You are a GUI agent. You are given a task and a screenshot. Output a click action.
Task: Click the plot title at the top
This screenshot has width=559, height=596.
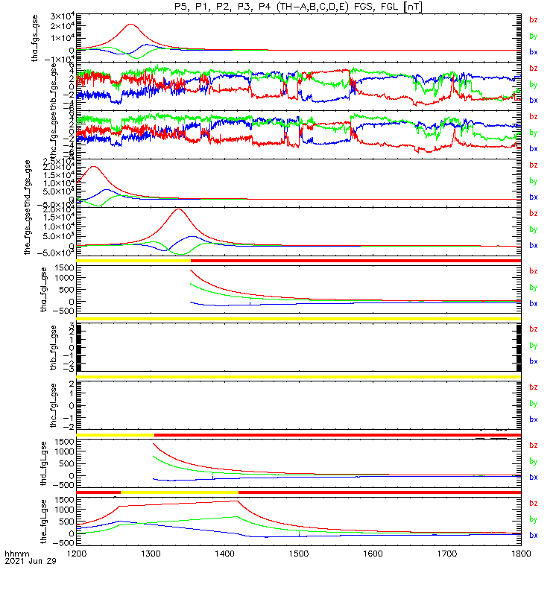click(x=298, y=6)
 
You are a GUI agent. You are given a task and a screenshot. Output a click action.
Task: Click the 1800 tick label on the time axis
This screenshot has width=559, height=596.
click(x=521, y=553)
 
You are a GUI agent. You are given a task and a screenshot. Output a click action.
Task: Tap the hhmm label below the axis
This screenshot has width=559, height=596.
click(x=16, y=555)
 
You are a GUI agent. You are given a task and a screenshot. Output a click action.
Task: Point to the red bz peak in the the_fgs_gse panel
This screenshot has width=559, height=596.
click(x=177, y=209)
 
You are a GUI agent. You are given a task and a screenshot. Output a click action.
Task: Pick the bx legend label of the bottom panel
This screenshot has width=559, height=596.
click(x=533, y=535)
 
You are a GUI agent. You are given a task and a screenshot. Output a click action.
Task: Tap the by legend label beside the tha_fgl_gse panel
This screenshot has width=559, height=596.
click(x=533, y=287)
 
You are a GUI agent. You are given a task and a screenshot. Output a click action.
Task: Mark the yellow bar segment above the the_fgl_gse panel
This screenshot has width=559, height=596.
click(x=179, y=492)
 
